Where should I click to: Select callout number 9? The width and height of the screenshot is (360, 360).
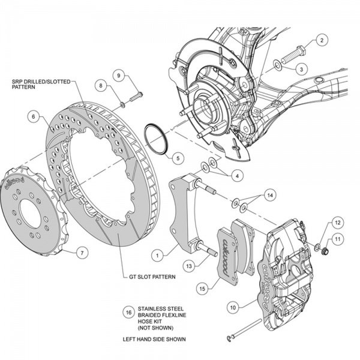click(120, 75)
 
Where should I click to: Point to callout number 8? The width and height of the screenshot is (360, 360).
click(101, 86)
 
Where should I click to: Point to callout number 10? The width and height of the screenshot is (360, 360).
click(233, 307)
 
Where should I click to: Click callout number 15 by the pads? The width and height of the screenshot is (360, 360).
click(203, 288)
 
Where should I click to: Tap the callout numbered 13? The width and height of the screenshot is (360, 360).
click(188, 265)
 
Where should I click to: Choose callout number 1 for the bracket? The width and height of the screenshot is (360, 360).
click(157, 255)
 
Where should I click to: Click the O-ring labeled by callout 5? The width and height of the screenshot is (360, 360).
click(157, 137)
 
